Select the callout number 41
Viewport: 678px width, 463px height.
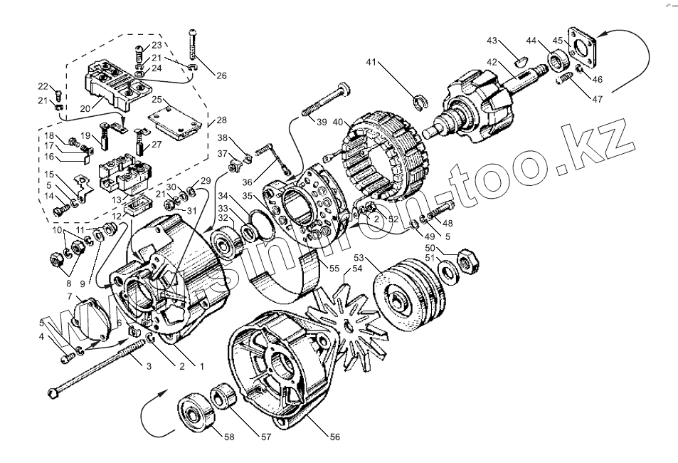[371, 63]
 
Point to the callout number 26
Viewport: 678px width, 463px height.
[221, 76]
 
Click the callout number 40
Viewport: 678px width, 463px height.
[337, 123]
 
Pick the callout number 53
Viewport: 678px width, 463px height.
[359, 257]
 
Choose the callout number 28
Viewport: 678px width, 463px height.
[222, 120]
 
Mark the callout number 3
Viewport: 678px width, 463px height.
[149, 366]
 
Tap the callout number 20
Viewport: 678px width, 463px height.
[85, 109]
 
